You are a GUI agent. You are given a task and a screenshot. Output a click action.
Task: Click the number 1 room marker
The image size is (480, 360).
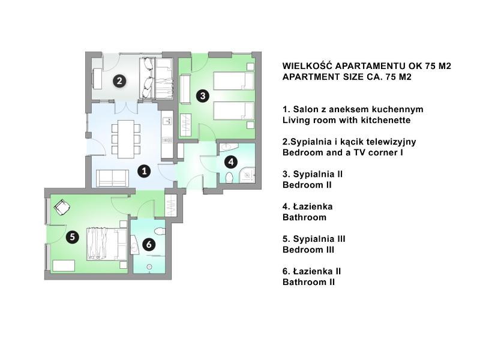tap(144, 171)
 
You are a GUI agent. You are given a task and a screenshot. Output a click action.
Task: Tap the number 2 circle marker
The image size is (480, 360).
tap(119, 81)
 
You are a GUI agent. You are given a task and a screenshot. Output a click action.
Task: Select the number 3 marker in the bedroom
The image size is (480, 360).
tap(203, 96)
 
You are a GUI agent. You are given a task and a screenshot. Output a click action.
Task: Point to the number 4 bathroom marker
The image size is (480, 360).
tap(231, 161)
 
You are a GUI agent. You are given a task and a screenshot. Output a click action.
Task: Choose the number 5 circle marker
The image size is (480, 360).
tap(72, 236)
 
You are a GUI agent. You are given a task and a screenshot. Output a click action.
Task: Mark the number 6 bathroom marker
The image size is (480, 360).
tap(149, 244)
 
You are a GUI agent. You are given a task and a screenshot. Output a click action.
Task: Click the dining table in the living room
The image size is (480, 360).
tap(126, 139)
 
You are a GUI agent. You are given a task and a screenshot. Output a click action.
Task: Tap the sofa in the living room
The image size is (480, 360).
tap(112, 178)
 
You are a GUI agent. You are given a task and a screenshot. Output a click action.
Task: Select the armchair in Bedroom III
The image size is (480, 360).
tap(62, 207)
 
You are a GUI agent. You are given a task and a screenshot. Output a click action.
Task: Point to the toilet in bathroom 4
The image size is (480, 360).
tap(229, 178)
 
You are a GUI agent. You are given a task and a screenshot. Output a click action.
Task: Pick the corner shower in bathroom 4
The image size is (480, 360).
tap(247, 175)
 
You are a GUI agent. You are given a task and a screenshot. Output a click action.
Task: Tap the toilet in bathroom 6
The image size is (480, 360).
tap(160, 230)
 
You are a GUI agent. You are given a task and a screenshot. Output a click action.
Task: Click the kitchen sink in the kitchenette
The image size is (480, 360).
tap(167, 121)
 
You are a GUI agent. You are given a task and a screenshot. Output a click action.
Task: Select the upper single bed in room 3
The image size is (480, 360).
tap(233, 81)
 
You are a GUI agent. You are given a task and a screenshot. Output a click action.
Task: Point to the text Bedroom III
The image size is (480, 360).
tap(308, 250)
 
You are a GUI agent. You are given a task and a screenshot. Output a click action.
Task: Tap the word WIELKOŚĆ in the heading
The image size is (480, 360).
tap(308, 65)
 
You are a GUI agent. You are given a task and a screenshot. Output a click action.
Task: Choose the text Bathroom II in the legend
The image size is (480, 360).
tap(308, 282)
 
